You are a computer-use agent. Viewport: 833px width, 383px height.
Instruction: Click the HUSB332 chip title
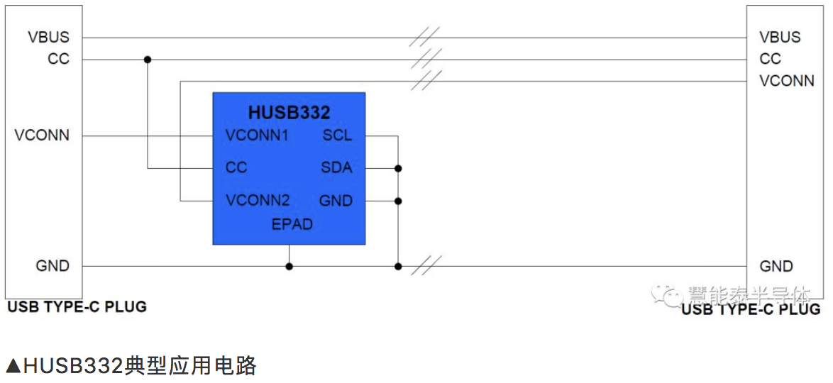pos(289,113)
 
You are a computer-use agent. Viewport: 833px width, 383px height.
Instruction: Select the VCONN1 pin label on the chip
pos(256,135)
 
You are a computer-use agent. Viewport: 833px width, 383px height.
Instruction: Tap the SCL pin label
pos(337,135)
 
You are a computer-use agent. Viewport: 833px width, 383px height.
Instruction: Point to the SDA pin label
pos(336,168)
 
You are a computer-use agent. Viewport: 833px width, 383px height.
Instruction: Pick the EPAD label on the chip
pos(292,224)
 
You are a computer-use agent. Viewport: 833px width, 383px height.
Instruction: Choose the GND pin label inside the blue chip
pos(336,201)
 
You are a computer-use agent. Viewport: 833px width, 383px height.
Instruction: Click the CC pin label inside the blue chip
pos(236,168)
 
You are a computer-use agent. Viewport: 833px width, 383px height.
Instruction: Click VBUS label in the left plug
pos(49,38)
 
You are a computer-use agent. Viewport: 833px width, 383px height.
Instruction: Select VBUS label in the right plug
pos(780,38)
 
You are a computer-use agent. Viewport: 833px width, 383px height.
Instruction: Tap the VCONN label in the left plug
pos(42,135)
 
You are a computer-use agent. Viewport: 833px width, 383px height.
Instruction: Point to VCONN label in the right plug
pos(787,81)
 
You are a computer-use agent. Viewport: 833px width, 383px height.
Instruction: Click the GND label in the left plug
pos(53,266)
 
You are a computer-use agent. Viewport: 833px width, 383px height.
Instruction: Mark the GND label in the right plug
pos(776,266)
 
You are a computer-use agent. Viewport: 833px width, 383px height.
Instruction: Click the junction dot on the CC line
pos(148,60)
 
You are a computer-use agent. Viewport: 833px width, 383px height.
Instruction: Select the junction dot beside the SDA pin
pos(398,168)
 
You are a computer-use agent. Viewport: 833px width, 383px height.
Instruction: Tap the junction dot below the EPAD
pos(289,267)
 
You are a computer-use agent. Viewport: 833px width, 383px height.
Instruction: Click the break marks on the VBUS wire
pos(424,38)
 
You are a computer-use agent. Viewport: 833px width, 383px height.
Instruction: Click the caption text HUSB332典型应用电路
pos(131,366)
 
